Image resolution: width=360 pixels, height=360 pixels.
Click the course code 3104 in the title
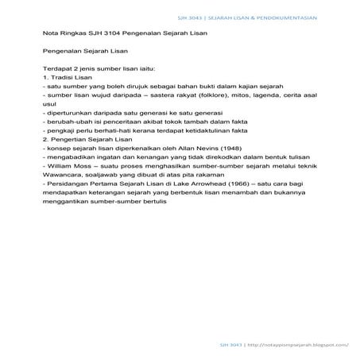[x=102, y=34]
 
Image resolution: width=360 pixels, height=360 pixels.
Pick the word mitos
[x=238, y=98]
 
